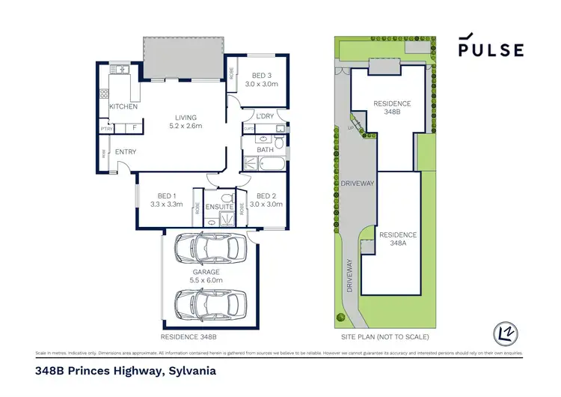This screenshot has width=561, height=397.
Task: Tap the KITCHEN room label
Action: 123,107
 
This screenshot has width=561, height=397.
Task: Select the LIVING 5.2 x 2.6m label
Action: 186,122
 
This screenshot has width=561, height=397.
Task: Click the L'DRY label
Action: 265,115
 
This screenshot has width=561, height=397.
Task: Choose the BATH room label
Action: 266,150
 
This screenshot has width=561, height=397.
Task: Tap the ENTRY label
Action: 125,152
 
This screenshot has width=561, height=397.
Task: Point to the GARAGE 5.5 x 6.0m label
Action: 207,275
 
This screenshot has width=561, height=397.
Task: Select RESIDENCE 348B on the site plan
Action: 392,107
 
